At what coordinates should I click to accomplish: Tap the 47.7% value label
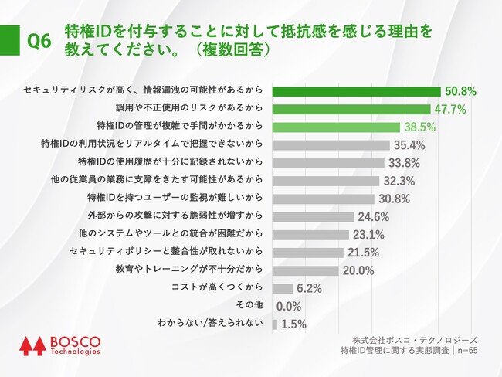click(449, 109)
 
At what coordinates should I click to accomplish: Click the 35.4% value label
click(410, 144)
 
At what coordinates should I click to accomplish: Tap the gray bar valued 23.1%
click(310, 234)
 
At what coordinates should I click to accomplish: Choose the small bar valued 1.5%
click(274, 324)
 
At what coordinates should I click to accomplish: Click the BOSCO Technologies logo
click(59, 345)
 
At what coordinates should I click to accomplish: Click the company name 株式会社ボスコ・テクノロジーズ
click(415, 339)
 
